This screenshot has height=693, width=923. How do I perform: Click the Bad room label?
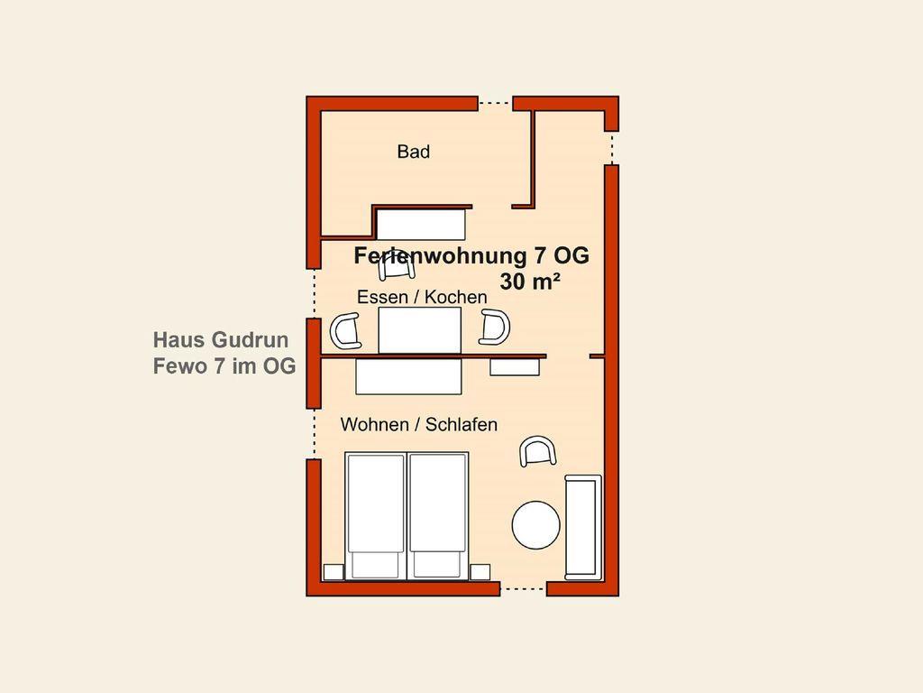pos(413,152)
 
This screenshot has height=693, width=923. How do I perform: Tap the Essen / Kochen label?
pos(422,296)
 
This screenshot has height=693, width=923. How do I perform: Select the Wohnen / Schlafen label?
pos(418,424)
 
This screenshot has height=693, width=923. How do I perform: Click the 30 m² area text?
pos(530,282)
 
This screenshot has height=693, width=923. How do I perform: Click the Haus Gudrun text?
pos(221,340)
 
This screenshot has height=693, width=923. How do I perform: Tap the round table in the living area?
pos(535,525)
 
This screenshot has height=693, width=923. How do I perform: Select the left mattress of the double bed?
pos(376,515)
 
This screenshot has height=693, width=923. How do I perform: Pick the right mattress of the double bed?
pos(438,515)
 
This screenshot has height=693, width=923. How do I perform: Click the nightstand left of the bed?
pos(334,571)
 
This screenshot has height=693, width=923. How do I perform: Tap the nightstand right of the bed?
pos(480,571)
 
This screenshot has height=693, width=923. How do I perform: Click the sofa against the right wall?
pos(583,527)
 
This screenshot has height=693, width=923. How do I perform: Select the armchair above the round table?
pos(538,451)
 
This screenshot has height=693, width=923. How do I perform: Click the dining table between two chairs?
pos(419,330)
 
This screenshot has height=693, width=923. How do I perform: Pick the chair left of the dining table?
pos(345,330)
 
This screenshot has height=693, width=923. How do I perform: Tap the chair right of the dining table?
pos(494,327)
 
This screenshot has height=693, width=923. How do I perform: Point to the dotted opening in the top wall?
pos(495,104)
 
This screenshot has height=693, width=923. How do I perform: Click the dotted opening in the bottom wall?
pos(524,588)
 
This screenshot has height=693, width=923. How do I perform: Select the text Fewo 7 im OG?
pos(224,366)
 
